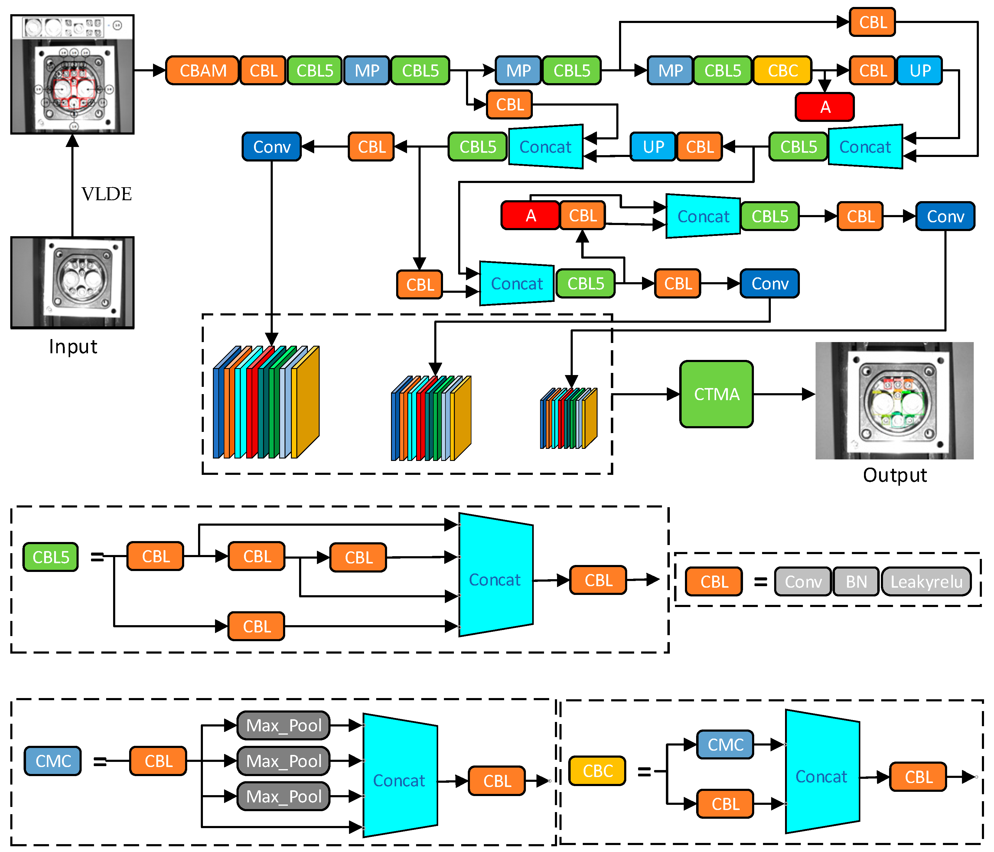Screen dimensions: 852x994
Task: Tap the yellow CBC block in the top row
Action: click(x=782, y=70)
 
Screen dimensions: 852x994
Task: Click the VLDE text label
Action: click(x=106, y=194)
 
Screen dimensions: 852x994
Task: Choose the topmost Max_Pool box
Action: click(x=284, y=725)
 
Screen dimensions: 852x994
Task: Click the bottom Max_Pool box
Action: click(x=284, y=796)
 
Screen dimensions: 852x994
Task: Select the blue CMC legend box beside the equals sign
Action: click(x=53, y=761)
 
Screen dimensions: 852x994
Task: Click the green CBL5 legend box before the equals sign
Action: click(x=51, y=557)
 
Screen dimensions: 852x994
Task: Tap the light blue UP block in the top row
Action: click(x=920, y=70)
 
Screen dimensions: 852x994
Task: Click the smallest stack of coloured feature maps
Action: click(x=569, y=418)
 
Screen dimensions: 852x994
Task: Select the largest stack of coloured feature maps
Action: click(x=266, y=402)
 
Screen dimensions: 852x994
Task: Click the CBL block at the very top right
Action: click(x=873, y=22)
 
